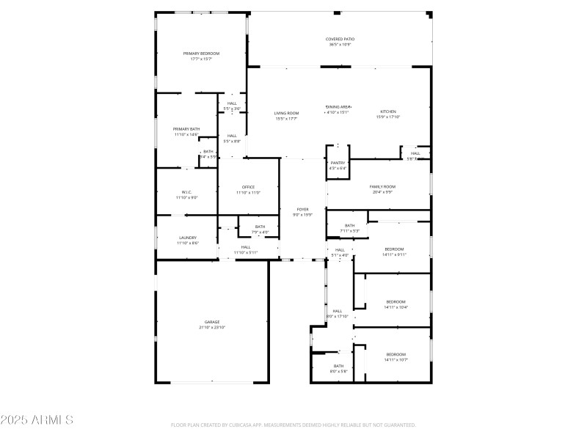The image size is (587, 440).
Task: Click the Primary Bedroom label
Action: (201, 54)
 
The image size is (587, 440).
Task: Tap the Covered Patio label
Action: (340, 39)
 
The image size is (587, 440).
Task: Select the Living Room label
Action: (286, 113)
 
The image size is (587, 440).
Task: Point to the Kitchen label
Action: (387, 111)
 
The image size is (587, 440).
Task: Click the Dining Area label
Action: (338, 107)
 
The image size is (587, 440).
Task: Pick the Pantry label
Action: (338, 163)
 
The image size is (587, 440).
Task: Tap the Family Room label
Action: (382, 187)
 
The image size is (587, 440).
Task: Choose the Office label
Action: (248, 187)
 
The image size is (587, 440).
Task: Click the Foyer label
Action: (303, 209)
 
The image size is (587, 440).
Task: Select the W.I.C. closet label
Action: (186, 192)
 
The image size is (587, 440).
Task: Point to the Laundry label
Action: (188, 238)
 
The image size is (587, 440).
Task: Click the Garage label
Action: (212, 322)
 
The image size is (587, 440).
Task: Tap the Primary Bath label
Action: (186, 129)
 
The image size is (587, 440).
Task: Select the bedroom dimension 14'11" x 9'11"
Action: (395, 254)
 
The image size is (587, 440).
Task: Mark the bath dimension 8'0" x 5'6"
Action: (338, 371)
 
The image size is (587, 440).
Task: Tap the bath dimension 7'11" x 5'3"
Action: (349, 231)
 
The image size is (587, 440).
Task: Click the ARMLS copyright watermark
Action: (37, 420)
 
